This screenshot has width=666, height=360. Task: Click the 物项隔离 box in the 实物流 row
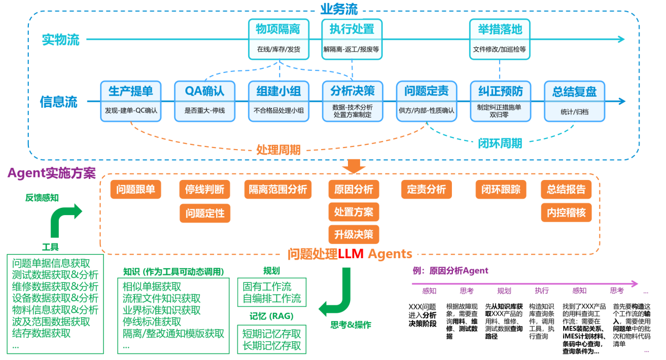pos(279,39)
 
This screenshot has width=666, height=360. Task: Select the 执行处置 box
pos(352,39)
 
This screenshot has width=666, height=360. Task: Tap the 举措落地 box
pos(500,39)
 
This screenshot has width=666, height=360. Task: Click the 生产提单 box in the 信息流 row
pos(131,101)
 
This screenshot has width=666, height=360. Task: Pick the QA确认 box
pos(205,101)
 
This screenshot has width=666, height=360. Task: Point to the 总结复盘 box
pos(575,101)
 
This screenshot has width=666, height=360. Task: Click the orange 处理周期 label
pos(278,150)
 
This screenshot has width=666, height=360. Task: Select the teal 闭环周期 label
pos(500,143)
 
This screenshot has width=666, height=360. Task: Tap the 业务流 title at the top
pos(339,9)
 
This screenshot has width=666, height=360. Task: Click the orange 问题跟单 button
pos(135,189)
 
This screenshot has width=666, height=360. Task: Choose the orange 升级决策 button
pos(354,235)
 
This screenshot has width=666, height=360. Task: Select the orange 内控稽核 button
pos(566,213)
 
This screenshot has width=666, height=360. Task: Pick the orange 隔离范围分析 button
pos(278,189)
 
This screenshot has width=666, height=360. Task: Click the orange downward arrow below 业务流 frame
pos(354,166)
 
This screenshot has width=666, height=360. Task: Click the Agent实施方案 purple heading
pos(52,173)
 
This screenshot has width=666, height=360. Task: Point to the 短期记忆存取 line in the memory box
pos(272,334)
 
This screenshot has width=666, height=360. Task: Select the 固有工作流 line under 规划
pos(267,287)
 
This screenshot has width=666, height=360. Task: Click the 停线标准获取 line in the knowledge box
pos(152,322)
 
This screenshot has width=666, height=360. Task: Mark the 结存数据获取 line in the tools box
pos(41,333)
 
